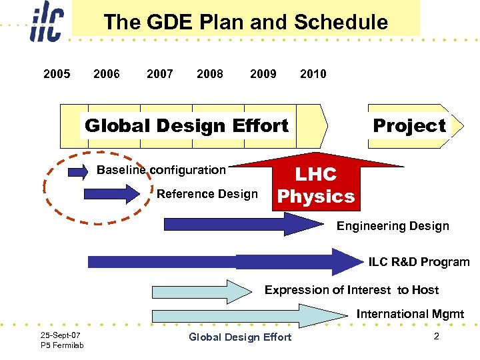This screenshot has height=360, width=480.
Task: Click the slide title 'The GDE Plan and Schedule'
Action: (x=245, y=22)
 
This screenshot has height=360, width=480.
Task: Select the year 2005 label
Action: (x=57, y=73)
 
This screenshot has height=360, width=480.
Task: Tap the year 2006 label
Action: (x=107, y=73)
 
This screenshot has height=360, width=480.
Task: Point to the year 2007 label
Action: (x=160, y=73)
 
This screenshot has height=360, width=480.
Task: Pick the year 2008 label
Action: (x=210, y=73)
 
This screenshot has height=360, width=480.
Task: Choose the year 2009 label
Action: (x=263, y=73)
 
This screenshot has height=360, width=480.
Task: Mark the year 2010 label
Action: (x=313, y=73)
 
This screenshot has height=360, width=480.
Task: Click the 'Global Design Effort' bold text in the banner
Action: (x=187, y=125)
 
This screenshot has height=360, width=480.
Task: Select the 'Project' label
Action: (x=409, y=125)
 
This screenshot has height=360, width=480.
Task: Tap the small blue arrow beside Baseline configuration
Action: (x=77, y=172)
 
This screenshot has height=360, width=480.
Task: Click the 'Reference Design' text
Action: (x=207, y=194)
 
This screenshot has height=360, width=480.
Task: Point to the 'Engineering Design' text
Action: (x=393, y=226)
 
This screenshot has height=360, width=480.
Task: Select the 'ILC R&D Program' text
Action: (x=419, y=262)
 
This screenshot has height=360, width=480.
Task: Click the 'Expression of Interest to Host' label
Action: (x=351, y=289)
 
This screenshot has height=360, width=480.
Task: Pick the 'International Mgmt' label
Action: (x=410, y=313)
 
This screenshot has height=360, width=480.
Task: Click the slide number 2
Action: (x=436, y=336)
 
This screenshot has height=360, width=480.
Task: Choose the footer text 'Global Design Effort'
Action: (x=240, y=337)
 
